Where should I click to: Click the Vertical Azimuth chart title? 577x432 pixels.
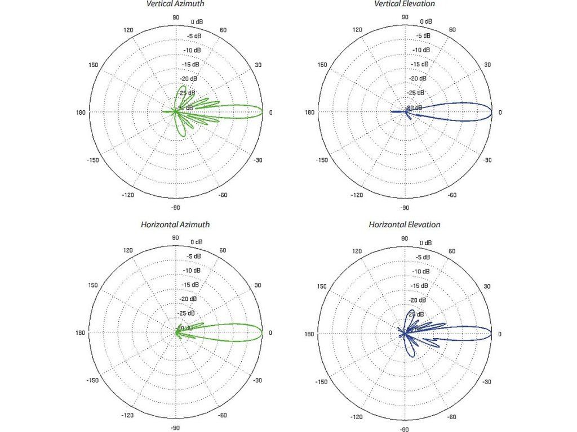click(x=175, y=4)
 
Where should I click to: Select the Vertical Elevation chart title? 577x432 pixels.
click(x=405, y=4)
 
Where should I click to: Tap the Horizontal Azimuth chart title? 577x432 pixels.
click(x=175, y=224)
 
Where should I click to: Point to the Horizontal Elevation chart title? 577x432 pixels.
click(x=405, y=224)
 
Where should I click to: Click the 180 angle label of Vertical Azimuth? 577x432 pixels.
click(x=81, y=112)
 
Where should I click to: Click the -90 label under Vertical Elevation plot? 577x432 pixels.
click(x=405, y=208)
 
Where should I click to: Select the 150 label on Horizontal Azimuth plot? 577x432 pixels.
click(x=94, y=286)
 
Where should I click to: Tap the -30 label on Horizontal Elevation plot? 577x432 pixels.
click(x=487, y=381)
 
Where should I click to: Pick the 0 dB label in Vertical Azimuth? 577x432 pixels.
click(x=197, y=22)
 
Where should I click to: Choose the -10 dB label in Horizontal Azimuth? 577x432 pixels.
click(x=192, y=271)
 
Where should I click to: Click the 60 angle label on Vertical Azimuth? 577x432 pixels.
click(x=223, y=30)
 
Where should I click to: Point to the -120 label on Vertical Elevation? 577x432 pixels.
click(x=357, y=195)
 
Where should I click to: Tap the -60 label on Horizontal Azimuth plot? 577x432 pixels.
click(x=223, y=416)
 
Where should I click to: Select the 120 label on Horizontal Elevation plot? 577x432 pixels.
click(x=357, y=251)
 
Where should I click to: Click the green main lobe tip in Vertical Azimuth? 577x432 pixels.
click(x=263, y=112)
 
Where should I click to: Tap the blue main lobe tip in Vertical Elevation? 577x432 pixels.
click(x=491, y=112)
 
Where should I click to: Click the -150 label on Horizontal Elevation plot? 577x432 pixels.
click(x=322, y=381)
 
